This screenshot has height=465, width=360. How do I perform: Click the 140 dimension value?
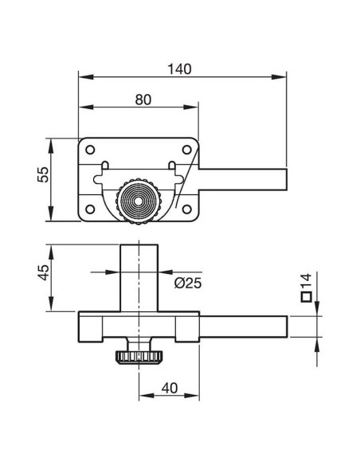(180, 69)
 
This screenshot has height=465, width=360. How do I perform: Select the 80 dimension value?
(143, 100)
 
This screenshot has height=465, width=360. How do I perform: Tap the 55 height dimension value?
(43, 174)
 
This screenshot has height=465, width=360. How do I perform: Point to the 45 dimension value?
(44, 272)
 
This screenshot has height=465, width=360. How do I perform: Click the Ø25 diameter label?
(188, 283)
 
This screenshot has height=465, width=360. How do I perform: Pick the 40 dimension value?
(170, 388)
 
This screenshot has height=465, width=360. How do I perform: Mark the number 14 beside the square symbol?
(307, 280)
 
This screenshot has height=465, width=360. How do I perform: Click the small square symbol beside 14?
(307, 297)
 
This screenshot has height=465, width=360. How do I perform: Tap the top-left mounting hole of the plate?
(90, 150)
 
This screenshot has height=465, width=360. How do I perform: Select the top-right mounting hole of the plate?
(186, 150)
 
